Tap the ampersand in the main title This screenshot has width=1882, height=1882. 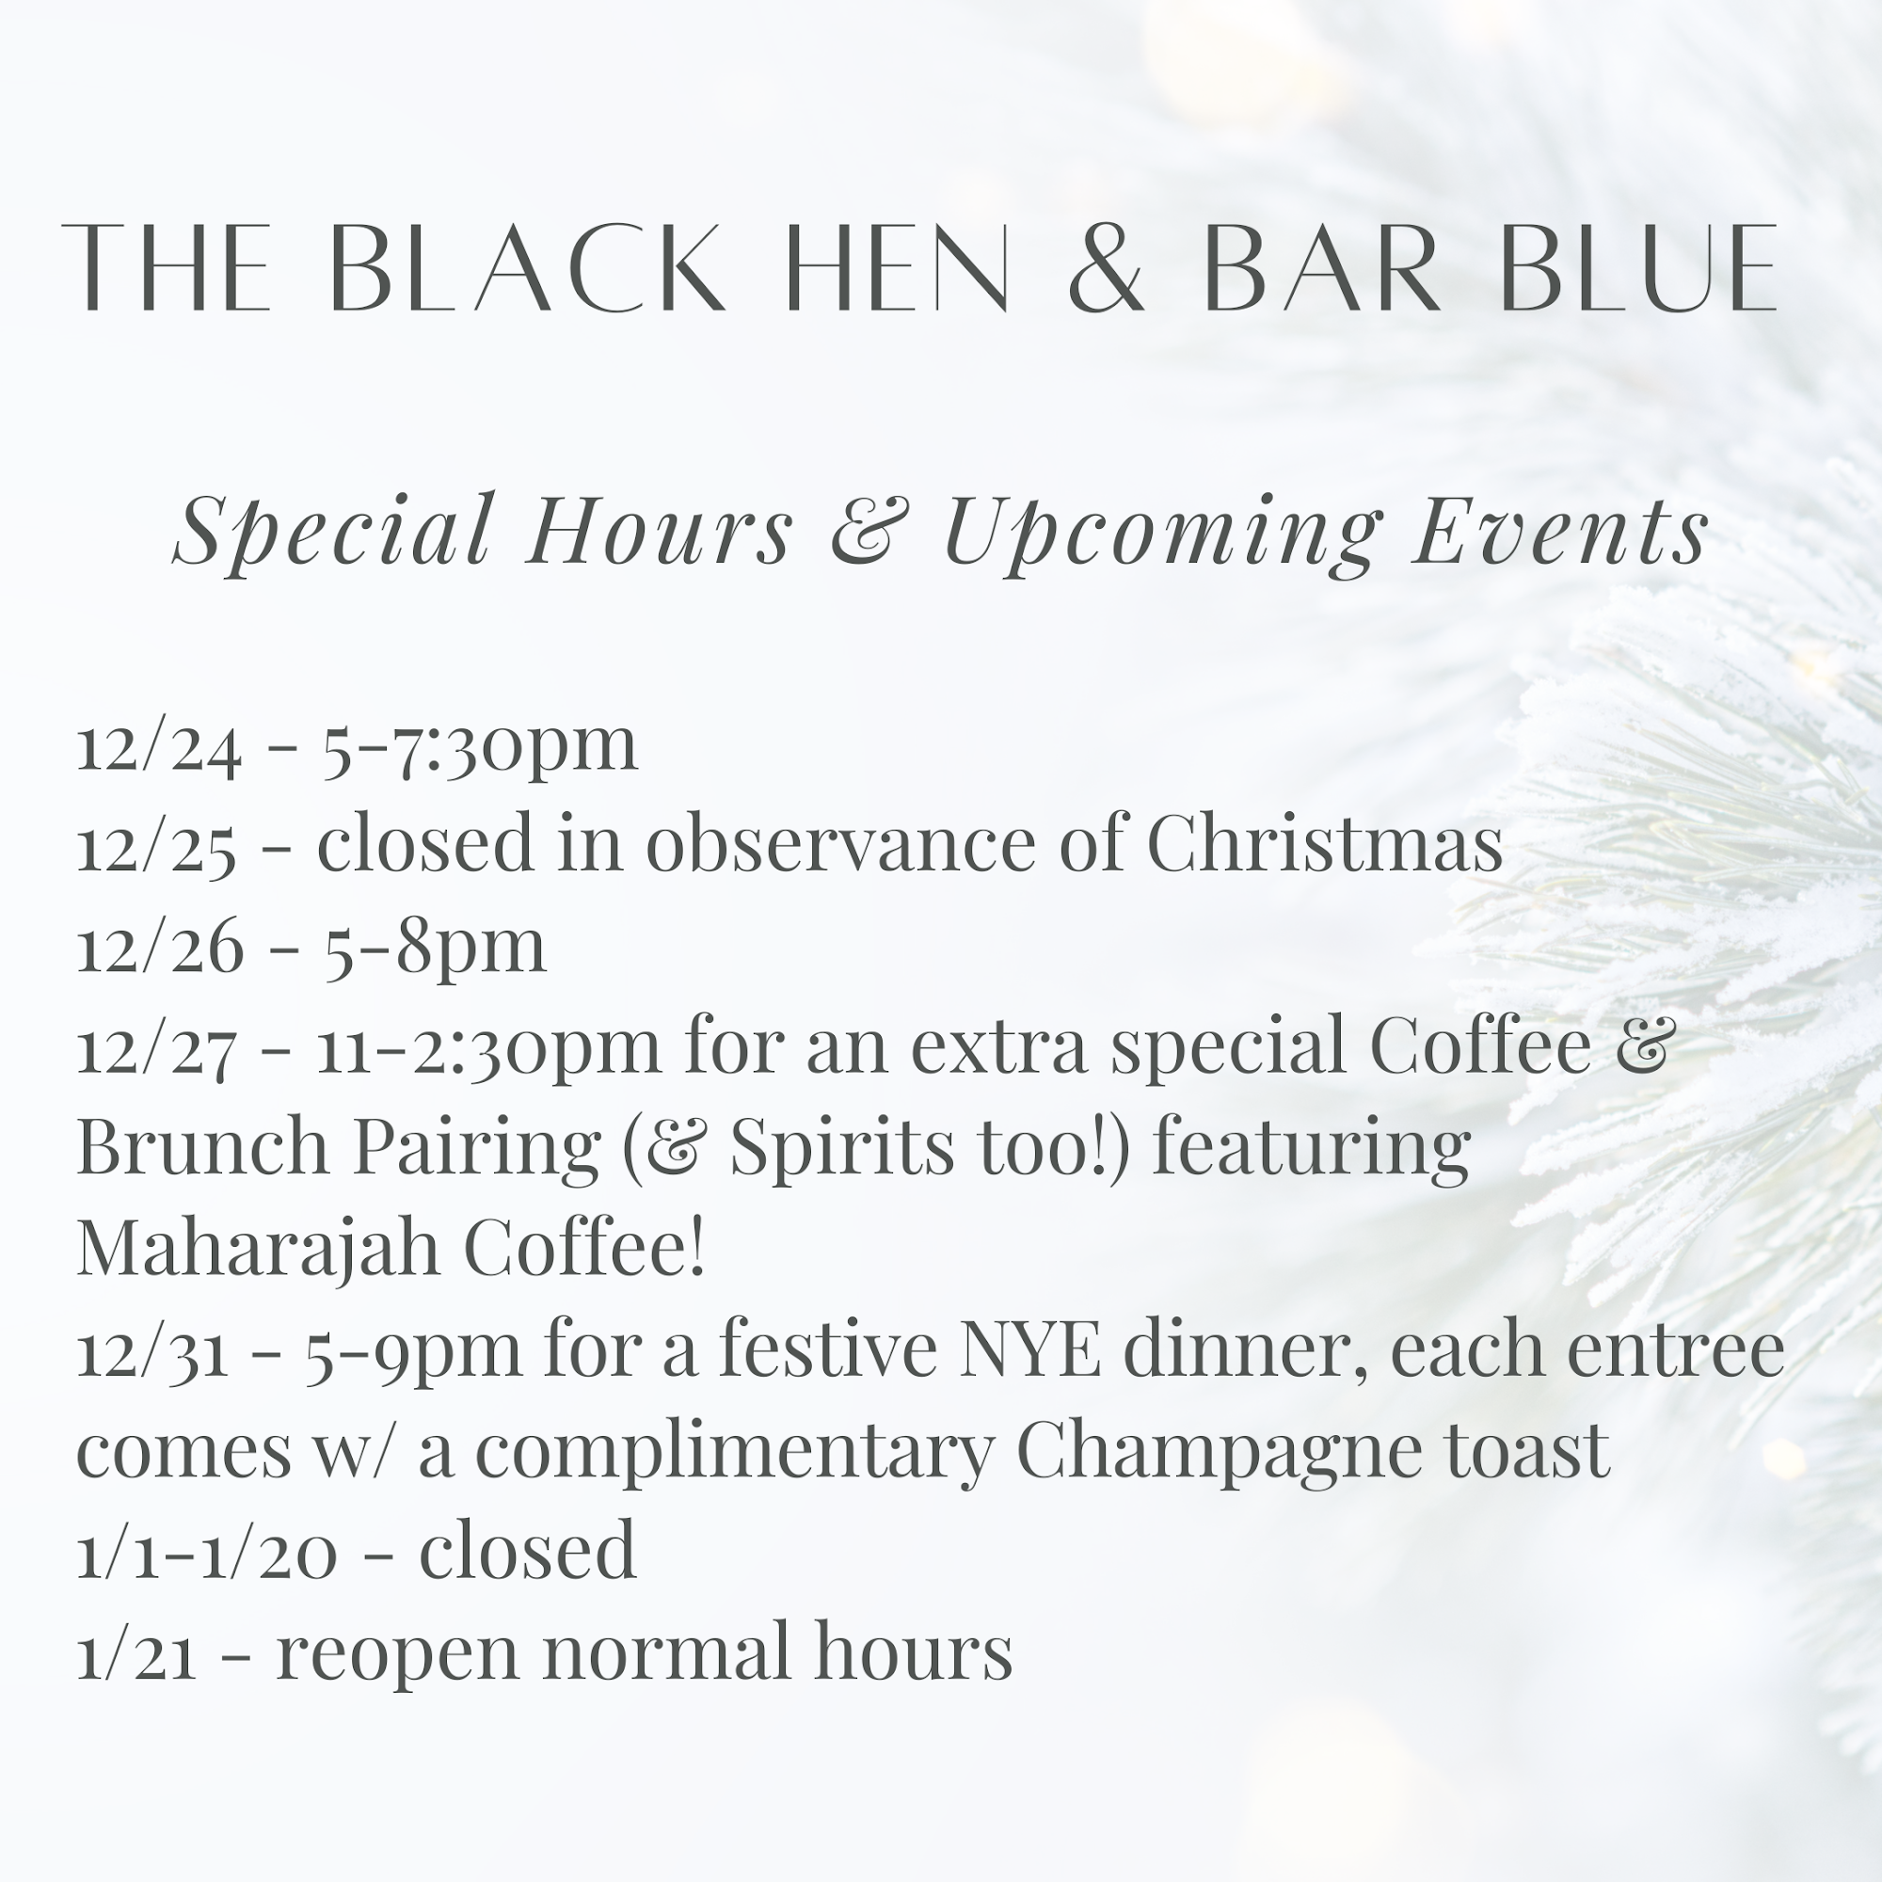pyautogui.click(x=1106, y=268)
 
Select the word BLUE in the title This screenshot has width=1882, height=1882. pyautogui.click(x=1640, y=268)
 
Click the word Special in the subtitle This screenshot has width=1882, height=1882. pyautogui.click(x=332, y=531)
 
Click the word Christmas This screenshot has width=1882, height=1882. pyautogui.click(x=1324, y=842)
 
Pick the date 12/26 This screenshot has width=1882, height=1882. pyautogui.click(x=160, y=946)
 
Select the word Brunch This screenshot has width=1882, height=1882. pyautogui.click(x=202, y=1146)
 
